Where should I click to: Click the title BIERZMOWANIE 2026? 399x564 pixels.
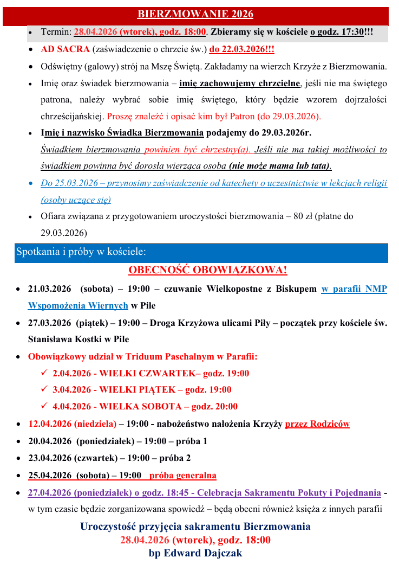[195, 14]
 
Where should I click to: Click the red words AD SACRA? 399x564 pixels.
[65, 49]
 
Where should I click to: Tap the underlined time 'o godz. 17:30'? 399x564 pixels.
[337, 32]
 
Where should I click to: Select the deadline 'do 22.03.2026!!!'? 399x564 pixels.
[241, 49]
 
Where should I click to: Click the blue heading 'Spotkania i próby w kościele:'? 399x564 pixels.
[81, 252]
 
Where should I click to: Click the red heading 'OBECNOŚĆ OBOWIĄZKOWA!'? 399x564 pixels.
[207, 270]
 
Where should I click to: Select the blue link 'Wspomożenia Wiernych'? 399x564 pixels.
[78, 305]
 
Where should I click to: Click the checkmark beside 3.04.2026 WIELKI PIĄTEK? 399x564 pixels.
[44, 390]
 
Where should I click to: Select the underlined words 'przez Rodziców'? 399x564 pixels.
[317, 424]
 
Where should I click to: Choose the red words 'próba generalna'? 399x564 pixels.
[183, 476]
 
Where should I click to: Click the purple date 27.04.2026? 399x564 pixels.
[50, 493]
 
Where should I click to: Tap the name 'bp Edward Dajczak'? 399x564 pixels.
[195, 554]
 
